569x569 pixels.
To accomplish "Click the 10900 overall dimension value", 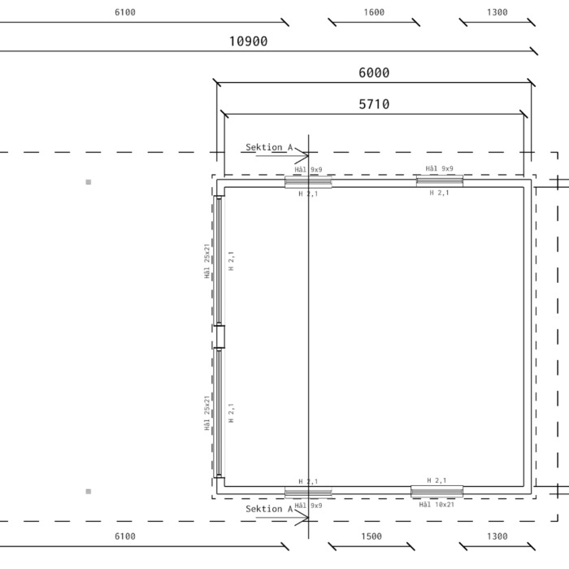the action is pos(248,41).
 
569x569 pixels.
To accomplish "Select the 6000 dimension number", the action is pos(374,73).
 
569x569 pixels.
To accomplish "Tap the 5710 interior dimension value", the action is pos(374,105).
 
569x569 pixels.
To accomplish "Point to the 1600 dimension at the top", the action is pos(374,12).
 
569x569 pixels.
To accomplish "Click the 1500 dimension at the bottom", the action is pos(371,536).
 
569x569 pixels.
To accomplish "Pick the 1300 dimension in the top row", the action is pos(497,12).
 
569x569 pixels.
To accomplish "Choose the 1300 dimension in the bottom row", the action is pos(497,536).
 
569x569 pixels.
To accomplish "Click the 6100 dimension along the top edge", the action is pos(125,12).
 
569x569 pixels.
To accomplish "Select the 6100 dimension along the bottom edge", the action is pos(125,536).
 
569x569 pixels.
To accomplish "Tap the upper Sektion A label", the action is pos(269,147).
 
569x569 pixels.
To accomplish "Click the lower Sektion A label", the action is pos(269,509).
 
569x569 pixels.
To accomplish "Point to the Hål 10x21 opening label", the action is pos(437,505).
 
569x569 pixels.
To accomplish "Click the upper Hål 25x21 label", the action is pos(206,261).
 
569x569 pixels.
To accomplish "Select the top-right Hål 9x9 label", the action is pos(439,168).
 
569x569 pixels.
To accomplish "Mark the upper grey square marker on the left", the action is pos(88,182).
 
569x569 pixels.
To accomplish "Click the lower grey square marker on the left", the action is pos(88,491).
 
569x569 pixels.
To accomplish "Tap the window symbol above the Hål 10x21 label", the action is pos(437,492).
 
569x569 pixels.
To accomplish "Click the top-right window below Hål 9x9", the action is pos(440,180).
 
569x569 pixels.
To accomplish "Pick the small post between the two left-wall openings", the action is pos(219,337).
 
